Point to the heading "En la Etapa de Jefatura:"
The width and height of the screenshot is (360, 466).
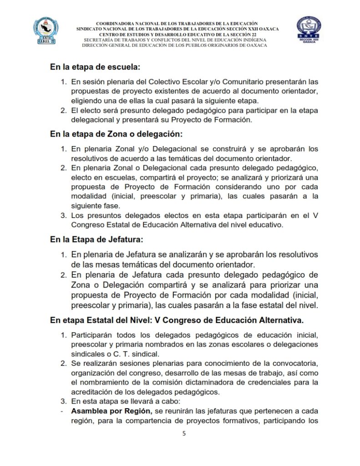96,239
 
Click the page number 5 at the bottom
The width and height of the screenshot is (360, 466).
184,434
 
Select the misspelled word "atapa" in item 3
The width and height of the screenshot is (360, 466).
106,402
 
